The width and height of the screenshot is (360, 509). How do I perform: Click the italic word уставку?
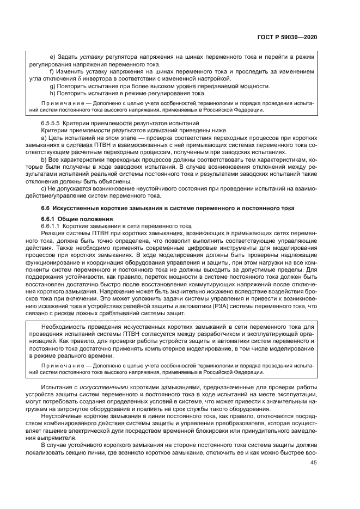91,57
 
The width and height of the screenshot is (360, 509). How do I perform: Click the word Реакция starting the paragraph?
53,232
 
